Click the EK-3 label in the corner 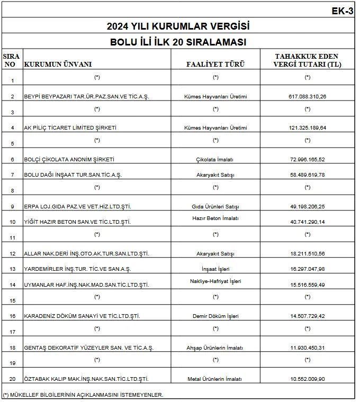[342, 11]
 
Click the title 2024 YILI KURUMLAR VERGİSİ [178, 26]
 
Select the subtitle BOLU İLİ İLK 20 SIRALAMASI [178, 42]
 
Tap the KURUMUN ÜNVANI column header [58, 65]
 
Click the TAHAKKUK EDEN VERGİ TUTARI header [307, 60]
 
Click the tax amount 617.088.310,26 [308, 97]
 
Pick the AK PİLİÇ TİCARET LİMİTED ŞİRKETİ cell [70, 128]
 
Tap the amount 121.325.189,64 [308, 128]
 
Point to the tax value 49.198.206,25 [308, 206]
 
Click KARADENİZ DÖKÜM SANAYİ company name [82, 316]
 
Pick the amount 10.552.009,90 [308, 379]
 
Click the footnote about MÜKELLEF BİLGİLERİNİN [83, 395]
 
